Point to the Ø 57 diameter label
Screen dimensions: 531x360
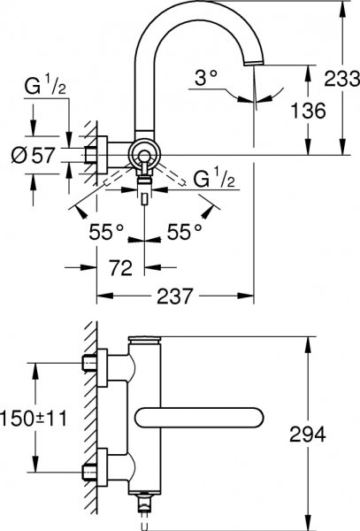click(x=33, y=157)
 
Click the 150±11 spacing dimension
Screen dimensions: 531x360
click(x=32, y=418)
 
